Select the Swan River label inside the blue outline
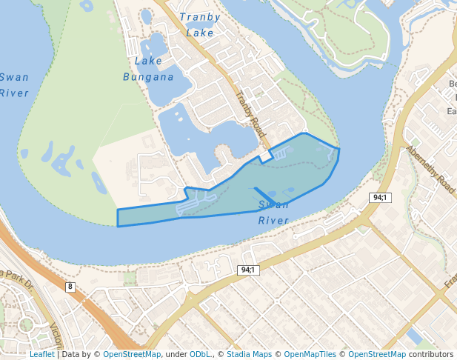273,213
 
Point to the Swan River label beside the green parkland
13,85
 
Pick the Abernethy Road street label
430,169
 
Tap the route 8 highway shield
70,287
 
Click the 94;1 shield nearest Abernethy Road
380,198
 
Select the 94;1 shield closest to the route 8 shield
247,270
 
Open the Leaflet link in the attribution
41,354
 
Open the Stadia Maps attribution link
248,354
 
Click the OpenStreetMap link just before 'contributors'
377,354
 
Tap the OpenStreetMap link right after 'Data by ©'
131,354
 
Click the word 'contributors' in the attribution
431,354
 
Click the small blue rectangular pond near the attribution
414,337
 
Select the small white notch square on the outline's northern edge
264,158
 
